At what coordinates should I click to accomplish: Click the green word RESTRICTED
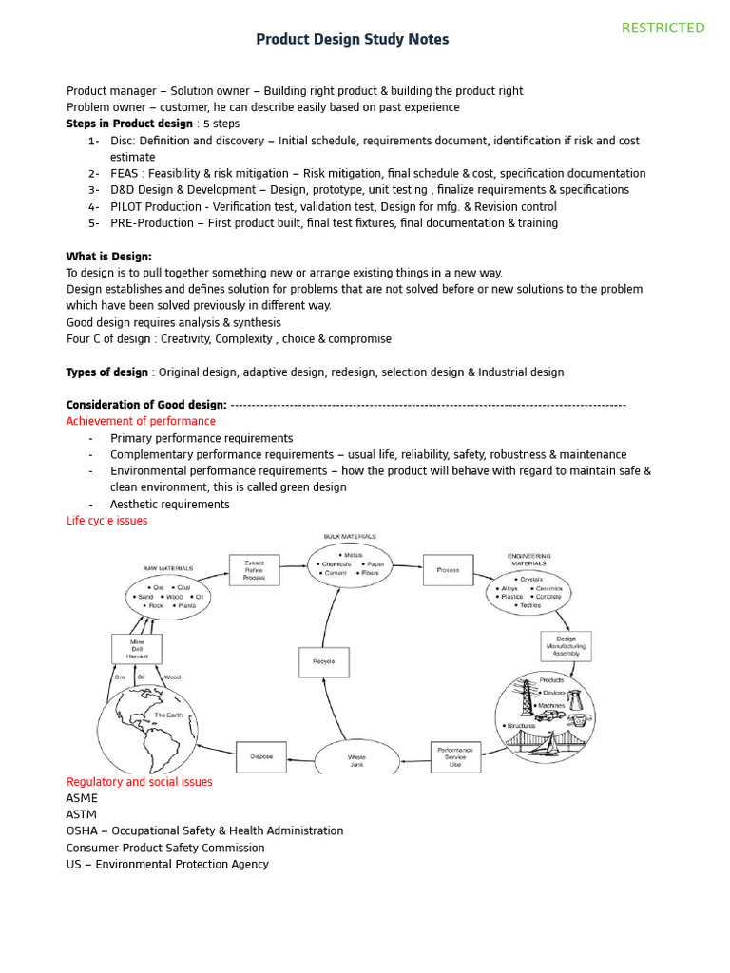[x=663, y=28]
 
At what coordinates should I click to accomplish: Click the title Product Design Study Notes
[x=353, y=40]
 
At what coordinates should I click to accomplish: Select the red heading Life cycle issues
[x=106, y=521]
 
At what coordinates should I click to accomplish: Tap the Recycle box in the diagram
[x=323, y=661]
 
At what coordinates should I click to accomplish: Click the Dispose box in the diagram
[x=260, y=756]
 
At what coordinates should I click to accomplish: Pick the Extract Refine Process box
[x=254, y=570]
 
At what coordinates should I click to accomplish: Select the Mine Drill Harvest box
[x=137, y=649]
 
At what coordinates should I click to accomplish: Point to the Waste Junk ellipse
[x=356, y=759]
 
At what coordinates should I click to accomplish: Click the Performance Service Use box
[x=455, y=756]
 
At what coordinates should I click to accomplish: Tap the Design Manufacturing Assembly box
[x=566, y=646]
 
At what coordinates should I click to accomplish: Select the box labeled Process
[x=448, y=570]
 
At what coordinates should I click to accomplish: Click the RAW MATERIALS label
[x=167, y=568]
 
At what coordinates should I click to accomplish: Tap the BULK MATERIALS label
[x=350, y=537]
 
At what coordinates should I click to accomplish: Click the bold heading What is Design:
[x=108, y=257]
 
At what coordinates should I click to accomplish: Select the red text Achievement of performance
[x=141, y=421]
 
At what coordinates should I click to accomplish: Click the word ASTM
[x=81, y=814]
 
